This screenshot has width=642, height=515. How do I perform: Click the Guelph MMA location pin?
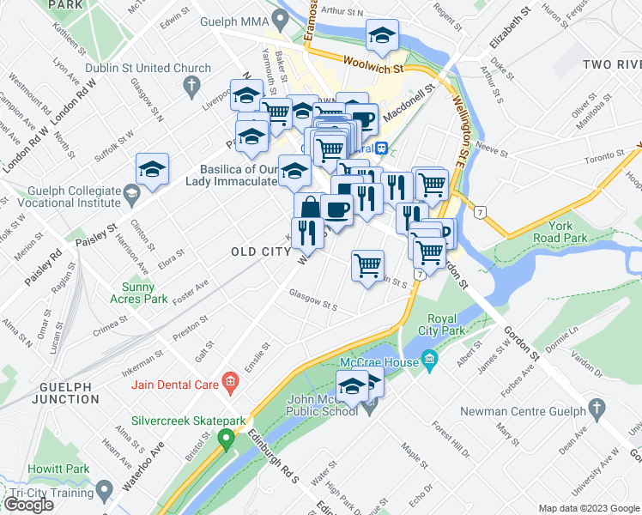[280, 19]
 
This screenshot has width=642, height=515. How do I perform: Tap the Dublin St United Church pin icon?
[192, 85]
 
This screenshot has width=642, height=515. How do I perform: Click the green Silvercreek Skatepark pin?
[227, 439]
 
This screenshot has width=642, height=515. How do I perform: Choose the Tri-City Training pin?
[105, 492]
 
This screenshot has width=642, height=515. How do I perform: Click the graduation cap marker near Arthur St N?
[382, 36]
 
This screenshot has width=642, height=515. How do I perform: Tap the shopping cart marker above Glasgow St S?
[367, 265]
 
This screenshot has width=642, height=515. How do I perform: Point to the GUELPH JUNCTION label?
[67, 392]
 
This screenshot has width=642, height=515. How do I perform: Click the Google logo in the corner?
[29, 505]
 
